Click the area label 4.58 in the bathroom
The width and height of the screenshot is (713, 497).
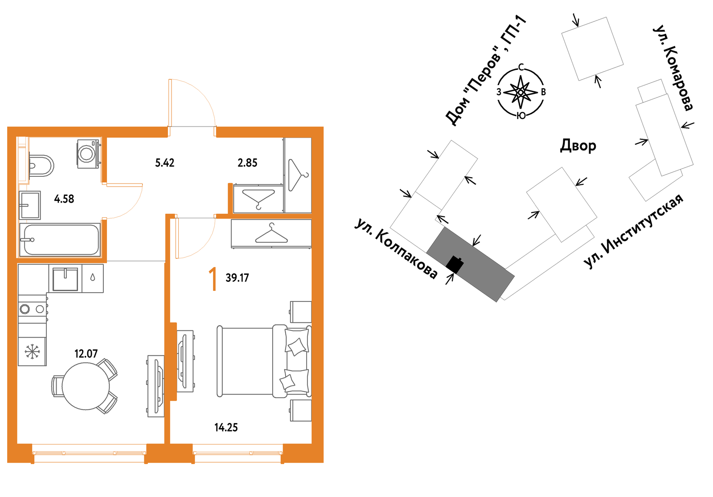coord(64,199)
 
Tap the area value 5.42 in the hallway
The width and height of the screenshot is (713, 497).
coord(164,163)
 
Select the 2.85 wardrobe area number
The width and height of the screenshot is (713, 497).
coord(247,163)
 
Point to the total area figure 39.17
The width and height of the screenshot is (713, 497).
coord(237,278)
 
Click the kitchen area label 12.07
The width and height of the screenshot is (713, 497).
coord(86,354)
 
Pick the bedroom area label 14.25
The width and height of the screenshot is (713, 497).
coord(226,428)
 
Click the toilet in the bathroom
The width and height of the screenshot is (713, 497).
coord(41,166)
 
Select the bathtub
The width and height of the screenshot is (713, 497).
coord(60,240)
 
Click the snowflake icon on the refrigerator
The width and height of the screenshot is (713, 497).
coord(32,351)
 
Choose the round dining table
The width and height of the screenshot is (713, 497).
coord(86,386)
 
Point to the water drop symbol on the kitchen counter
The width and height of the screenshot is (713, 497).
coord(92,278)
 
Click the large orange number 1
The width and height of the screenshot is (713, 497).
coord(213,279)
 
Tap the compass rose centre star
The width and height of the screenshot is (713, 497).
coord(520,92)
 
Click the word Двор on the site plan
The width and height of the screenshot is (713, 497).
coord(578,146)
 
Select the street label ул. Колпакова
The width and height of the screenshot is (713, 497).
coord(396,249)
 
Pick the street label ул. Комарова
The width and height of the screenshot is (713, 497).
coord(673,68)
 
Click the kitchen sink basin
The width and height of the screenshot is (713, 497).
coord(65,279)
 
